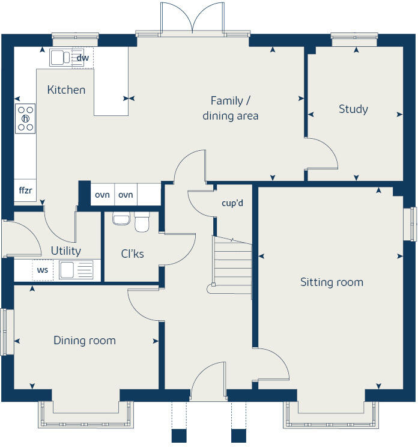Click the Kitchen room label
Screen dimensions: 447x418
pos(66,90)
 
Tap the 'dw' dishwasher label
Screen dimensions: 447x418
pos(83,58)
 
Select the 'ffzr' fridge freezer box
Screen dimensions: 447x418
pos(25,192)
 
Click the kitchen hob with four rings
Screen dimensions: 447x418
pos(25,118)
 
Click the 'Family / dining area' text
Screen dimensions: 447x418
pos(231,108)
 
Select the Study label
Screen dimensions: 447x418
pos(353,109)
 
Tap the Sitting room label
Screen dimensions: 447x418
pos(332,282)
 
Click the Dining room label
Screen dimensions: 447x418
pos(85,341)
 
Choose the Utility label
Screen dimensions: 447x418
pos(65,251)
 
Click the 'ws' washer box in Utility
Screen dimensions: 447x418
pos(43,270)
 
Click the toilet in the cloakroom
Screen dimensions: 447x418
pos(142,221)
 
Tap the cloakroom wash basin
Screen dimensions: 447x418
pos(121,219)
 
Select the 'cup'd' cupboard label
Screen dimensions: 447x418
pos(232,203)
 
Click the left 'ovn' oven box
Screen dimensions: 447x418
pos(102,195)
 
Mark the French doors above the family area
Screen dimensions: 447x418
pos(193,18)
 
